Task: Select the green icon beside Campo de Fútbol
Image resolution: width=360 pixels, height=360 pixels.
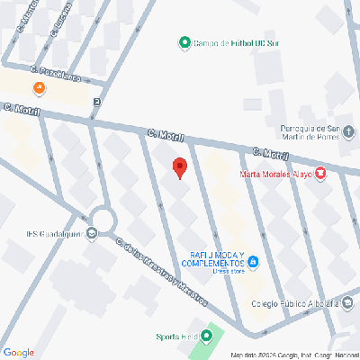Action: (x=184, y=43)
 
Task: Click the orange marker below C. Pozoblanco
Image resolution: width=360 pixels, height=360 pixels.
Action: (x=39, y=88)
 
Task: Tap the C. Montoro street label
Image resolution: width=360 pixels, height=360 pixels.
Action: (x=28, y=17)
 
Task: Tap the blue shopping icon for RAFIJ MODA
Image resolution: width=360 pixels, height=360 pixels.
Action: (x=254, y=263)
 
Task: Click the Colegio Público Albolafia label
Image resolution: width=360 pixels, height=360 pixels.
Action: (x=293, y=303)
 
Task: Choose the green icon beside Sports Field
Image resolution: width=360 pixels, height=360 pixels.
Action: (x=206, y=337)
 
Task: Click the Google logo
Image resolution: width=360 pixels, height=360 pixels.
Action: (x=18, y=352)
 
